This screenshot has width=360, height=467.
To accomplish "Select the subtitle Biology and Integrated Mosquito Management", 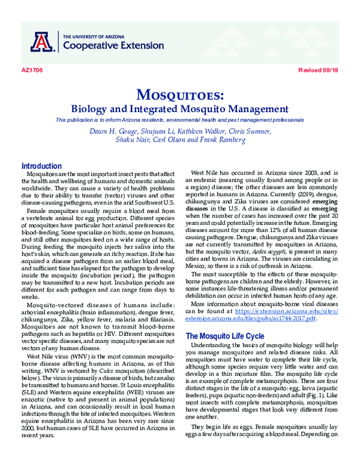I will [x=180, y=109].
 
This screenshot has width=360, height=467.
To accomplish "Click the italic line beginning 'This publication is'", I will [x=180, y=120].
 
